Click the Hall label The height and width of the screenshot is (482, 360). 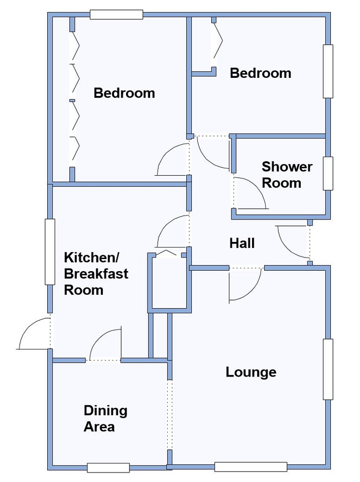coord(242,243)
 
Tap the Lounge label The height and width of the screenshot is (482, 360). coord(251,372)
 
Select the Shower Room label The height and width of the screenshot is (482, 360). coord(287,175)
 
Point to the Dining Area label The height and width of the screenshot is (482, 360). coord(105,419)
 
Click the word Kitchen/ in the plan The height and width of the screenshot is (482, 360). coord(91,258)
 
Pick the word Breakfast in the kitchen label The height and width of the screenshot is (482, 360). coord(96,274)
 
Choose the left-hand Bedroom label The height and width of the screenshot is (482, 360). coord(124,93)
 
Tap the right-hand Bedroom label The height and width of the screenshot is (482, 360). coord(261,73)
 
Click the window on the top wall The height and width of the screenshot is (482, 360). coord(116,15)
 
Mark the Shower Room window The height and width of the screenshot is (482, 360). coord(328,173)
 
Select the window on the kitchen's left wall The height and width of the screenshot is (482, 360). coord(50,252)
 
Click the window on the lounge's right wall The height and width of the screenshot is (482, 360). coord(328,369)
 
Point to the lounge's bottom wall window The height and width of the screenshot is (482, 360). coord(251,467)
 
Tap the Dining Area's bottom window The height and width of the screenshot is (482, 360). coord(108,467)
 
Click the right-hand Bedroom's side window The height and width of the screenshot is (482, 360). coord(328,71)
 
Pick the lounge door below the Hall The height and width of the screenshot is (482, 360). coord(246,284)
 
